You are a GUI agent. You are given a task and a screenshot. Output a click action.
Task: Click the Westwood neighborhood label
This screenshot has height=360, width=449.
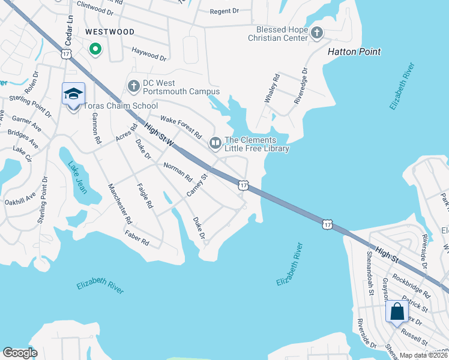109,31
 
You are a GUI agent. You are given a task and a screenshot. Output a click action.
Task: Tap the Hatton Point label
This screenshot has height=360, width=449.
354,52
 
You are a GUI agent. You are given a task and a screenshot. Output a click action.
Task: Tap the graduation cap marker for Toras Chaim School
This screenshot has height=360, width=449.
73,94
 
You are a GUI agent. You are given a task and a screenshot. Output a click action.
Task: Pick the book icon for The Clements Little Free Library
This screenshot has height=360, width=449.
215,143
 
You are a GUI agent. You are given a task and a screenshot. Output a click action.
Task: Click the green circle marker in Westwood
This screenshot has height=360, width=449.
95,50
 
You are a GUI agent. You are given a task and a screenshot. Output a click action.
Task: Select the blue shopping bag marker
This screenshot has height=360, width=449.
397,312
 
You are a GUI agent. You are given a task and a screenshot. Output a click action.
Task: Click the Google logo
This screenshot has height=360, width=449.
20,352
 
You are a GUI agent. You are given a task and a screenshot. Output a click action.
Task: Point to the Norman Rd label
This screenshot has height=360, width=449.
178,172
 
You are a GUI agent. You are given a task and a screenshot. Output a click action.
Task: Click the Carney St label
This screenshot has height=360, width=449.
196,185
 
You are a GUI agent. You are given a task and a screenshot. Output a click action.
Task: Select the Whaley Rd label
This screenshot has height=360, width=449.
271,88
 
